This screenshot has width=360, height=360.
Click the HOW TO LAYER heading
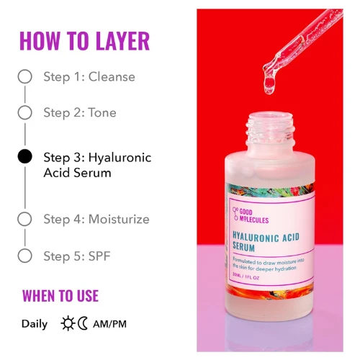[x=84, y=41]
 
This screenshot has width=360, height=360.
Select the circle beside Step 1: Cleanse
[x=25, y=77]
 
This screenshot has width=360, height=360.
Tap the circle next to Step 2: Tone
[x=25, y=112]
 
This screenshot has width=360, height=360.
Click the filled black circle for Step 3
[x=25, y=157]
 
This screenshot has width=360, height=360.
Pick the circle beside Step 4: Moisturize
[x=25, y=219]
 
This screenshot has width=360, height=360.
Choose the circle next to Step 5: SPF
[x=25, y=255]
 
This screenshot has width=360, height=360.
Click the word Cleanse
[x=112, y=77]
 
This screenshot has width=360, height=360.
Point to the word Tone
[x=102, y=112]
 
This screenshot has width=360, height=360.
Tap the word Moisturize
[x=119, y=219]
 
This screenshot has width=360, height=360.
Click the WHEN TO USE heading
[x=60, y=296]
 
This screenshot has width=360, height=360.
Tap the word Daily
[x=35, y=324]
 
